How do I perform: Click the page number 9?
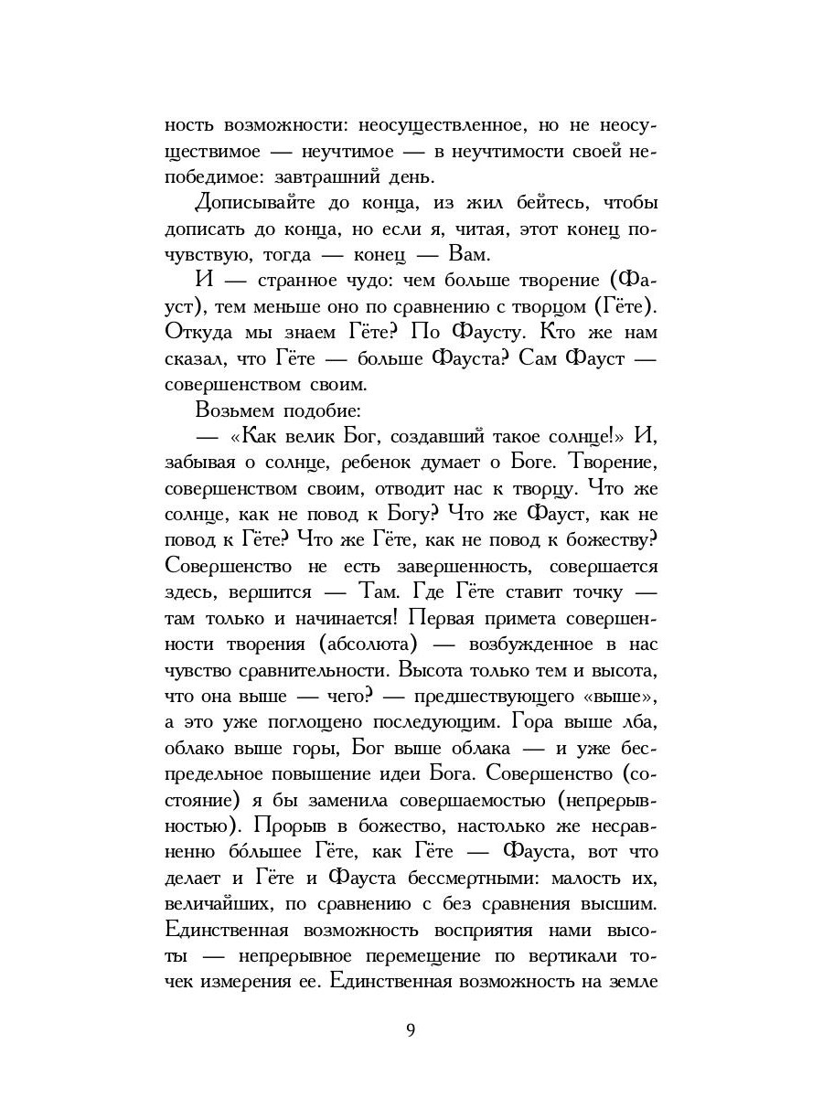click(x=411, y=1030)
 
